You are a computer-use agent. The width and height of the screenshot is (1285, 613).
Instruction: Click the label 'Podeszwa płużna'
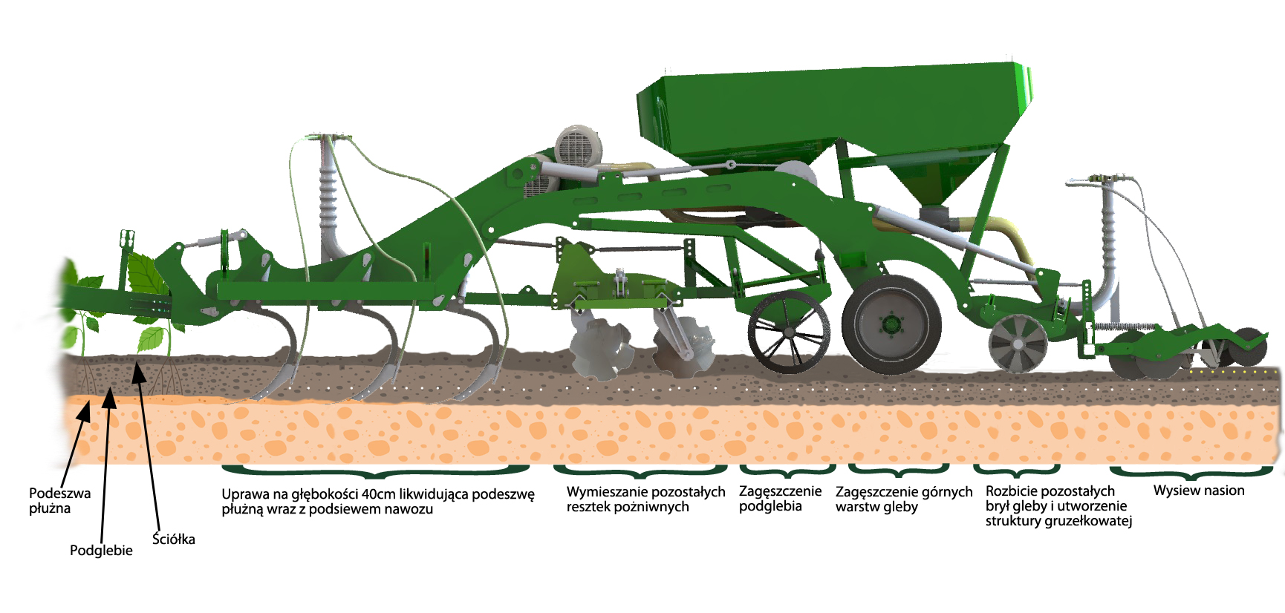point(59,500)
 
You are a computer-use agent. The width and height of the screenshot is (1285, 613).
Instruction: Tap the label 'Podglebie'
point(101,550)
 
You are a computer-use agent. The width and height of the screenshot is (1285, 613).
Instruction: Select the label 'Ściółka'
point(174,539)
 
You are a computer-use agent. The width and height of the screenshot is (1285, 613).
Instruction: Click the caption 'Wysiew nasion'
point(1199,491)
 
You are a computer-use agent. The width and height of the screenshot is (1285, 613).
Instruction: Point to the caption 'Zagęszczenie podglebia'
point(780,499)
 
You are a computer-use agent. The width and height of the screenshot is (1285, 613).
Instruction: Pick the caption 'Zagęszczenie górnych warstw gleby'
point(904,499)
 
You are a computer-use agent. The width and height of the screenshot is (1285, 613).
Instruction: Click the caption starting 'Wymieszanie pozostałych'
point(645,499)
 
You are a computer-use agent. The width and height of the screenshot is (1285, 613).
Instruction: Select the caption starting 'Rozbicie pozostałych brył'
point(1058,505)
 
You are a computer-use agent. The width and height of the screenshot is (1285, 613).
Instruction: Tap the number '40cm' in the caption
point(380,494)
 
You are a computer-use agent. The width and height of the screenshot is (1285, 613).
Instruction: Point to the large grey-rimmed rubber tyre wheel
point(891,324)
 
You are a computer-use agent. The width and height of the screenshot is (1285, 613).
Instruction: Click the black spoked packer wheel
point(789,332)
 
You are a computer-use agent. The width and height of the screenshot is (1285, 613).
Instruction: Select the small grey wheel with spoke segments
point(1018,343)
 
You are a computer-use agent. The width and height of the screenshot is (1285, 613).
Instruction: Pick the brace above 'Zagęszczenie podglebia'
point(788,471)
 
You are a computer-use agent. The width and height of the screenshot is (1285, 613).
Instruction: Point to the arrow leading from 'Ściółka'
point(146,445)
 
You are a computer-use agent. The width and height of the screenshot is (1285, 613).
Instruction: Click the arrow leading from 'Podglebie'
point(105,465)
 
